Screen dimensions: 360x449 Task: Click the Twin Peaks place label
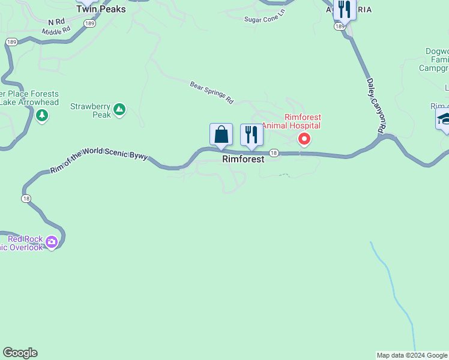coord(101,10)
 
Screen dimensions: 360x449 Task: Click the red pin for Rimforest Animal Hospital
coord(304,139)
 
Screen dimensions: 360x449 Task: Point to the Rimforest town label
coord(243,160)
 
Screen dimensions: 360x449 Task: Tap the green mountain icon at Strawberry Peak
coord(119,109)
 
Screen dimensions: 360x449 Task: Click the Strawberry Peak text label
coord(91,110)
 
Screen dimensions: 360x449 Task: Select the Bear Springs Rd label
coord(211,92)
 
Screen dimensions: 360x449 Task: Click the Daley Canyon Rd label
coord(375,104)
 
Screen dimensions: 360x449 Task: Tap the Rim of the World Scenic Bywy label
coord(99,160)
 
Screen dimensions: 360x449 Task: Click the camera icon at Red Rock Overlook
coord(52,242)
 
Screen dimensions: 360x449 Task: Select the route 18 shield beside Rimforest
coord(274,153)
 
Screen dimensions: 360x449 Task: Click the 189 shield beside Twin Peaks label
coord(90,23)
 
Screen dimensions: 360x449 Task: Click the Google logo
coord(20,353)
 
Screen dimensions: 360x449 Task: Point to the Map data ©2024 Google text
coord(412,355)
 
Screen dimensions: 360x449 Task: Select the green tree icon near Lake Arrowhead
coord(41,115)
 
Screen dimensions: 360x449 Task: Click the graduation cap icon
coord(444,118)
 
